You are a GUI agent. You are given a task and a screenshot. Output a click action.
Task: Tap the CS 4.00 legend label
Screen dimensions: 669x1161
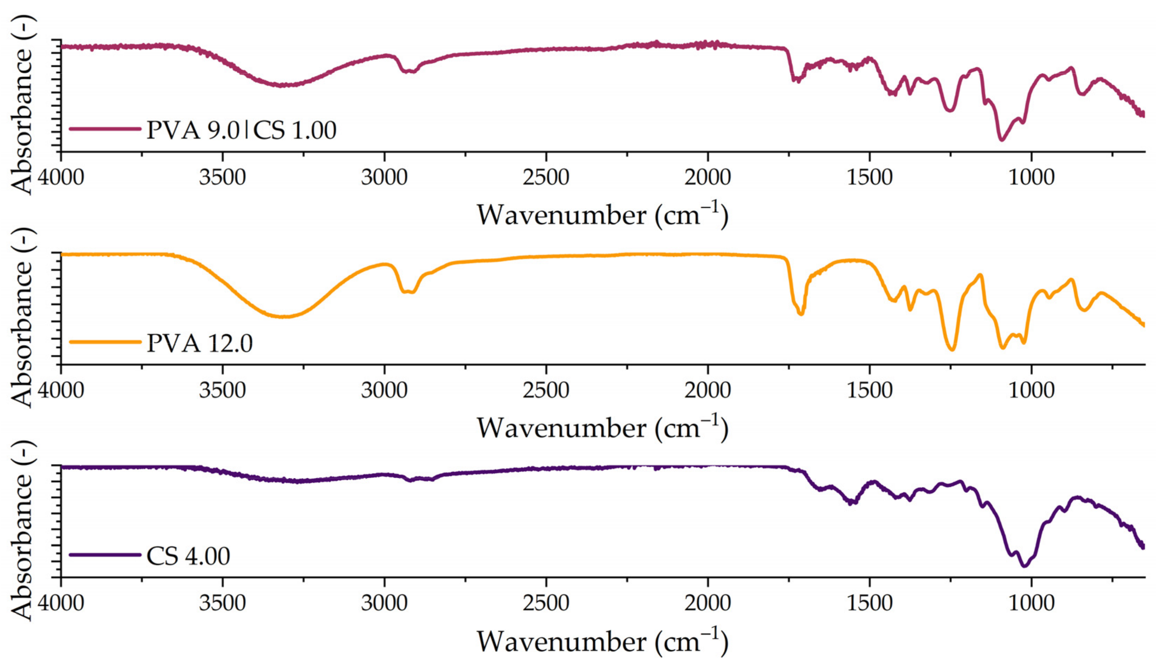pos(188,556)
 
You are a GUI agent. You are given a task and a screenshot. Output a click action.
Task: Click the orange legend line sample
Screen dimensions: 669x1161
pos(105,342)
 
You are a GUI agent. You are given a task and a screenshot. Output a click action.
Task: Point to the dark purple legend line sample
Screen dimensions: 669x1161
pos(105,555)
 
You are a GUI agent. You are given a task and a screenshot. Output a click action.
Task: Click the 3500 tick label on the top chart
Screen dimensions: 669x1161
pos(223,177)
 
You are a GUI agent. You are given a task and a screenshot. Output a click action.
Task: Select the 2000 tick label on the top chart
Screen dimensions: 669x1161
pos(707,177)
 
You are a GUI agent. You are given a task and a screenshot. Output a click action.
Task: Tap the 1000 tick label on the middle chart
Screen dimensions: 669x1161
pos(1031,390)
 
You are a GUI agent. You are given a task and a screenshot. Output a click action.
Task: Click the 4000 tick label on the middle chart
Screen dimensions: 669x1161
pos(61,390)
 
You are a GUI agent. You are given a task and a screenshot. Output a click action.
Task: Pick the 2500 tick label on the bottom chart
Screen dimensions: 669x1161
pos(546,603)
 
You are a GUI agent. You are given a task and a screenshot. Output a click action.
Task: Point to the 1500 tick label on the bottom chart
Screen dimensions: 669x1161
pos(870,603)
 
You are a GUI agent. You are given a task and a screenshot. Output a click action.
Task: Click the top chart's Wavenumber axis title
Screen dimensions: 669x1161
pos(602,215)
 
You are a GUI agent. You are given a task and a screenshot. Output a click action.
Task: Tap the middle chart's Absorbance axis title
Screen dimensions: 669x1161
pos(22,318)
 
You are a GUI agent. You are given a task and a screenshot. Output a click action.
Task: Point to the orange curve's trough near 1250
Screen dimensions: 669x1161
pos(952,350)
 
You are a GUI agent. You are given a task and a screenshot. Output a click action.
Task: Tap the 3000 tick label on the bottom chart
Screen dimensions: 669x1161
pos(384,603)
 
